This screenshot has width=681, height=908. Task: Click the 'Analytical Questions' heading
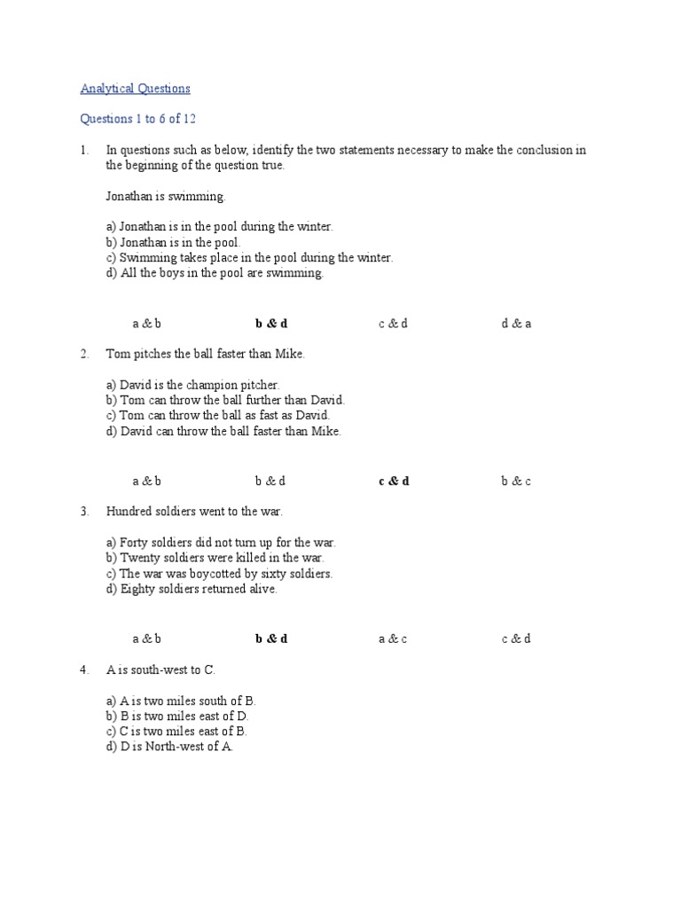pyautogui.click(x=135, y=89)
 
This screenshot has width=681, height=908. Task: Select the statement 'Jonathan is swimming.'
pyautogui.click(x=166, y=196)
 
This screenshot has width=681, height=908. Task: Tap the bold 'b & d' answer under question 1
pyautogui.click(x=271, y=324)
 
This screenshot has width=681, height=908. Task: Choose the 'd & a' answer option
pyautogui.click(x=516, y=324)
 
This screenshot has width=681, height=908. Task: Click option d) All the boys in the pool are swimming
pyautogui.click(x=215, y=273)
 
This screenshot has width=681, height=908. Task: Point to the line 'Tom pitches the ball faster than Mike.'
pyautogui.click(x=205, y=354)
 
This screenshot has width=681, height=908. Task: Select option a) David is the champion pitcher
pyautogui.click(x=192, y=385)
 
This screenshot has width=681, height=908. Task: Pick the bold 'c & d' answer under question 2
pyautogui.click(x=394, y=481)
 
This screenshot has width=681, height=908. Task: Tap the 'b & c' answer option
pyautogui.click(x=516, y=481)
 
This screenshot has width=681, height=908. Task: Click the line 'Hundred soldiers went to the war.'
pyautogui.click(x=194, y=512)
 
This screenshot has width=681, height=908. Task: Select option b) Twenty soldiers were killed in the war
pyautogui.click(x=215, y=558)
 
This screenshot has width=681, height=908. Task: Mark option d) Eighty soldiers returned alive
pyautogui.click(x=192, y=589)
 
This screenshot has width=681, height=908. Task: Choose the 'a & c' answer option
pyautogui.click(x=393, y=638)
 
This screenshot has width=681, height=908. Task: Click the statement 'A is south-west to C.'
pyautogui.click(x=160, y=669)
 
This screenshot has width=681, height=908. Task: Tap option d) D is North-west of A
pyautogui.click(x=169, y=747)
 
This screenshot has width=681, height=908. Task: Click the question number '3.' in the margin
pyautogui.click(x=84, y=512)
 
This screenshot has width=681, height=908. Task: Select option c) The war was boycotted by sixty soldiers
pyautogui.click(x=219, y=574)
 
